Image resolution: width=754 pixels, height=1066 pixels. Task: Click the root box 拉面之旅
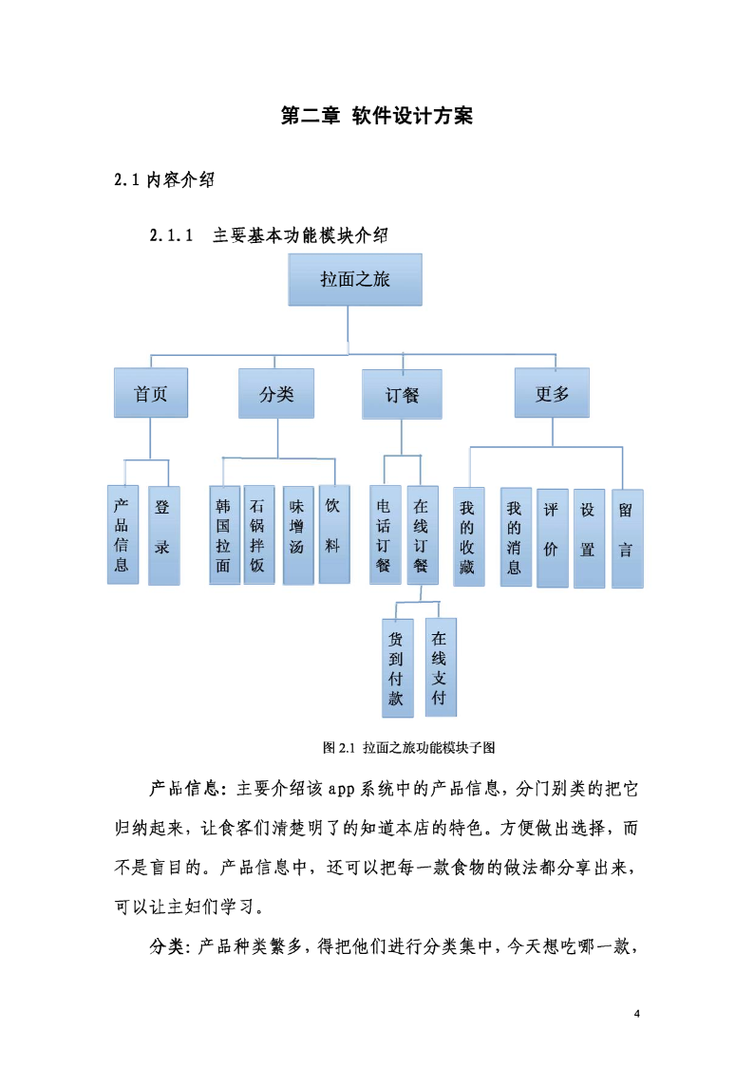click(355, 279)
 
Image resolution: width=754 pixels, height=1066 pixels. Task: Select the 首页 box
click(151, 393)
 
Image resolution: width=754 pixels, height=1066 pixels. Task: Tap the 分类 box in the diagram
click(276, 394)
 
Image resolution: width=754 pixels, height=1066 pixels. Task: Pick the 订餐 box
click(402, 394)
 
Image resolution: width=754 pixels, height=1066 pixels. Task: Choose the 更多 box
click(552, 393)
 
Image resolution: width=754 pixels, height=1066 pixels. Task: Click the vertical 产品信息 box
click(123, 535)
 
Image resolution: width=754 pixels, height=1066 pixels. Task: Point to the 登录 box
click(164, 535)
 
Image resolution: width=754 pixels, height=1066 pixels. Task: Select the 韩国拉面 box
click(225, 535)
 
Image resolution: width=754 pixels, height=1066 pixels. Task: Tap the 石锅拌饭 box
click(259, 535)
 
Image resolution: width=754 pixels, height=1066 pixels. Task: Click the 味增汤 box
click(298, 535)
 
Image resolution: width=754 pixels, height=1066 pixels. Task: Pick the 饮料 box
click(334, 534)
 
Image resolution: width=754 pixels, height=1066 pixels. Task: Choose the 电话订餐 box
click(386, 535)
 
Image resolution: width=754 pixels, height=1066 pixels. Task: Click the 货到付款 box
click(398, 668)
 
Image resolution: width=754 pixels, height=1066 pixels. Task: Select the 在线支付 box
click(441, 667)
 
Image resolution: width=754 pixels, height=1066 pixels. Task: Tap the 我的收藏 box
click(469, 536)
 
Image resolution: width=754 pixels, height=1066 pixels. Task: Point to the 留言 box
click(628, 538)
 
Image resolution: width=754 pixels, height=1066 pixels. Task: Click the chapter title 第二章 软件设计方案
click(377, 116)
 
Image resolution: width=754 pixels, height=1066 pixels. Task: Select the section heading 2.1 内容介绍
click(164, 179)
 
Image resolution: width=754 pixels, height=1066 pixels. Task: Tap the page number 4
click(637, 1014)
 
